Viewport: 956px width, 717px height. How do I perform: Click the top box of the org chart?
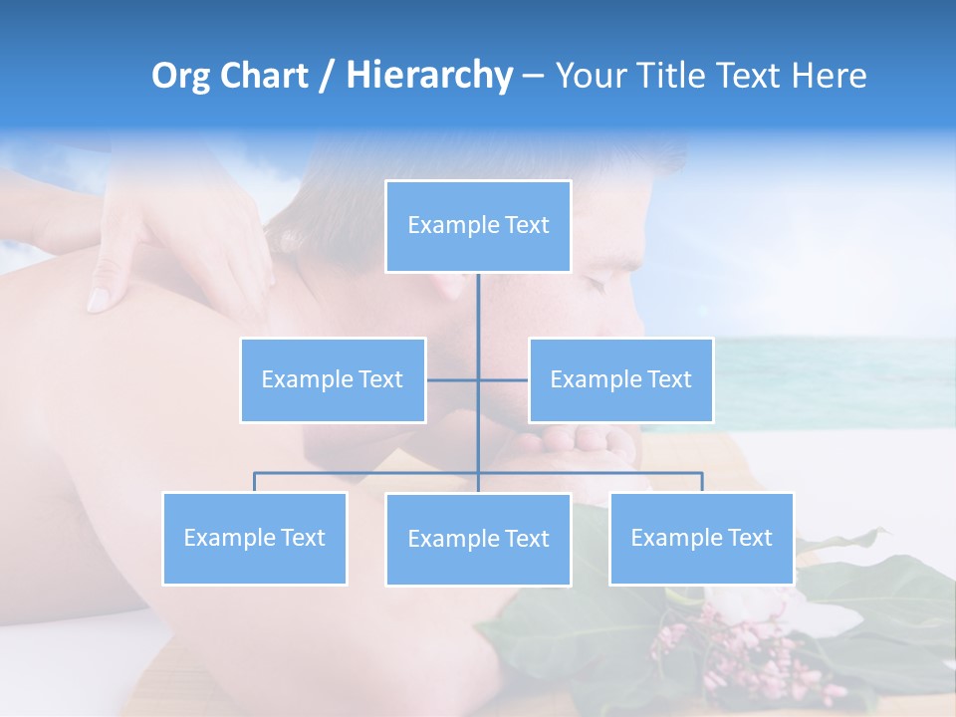[x=478, y=226]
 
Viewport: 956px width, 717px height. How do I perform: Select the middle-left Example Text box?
[x=333, y=379]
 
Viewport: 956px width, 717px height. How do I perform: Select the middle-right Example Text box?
[x=620, y=379]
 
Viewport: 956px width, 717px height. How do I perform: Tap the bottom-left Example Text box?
[x=254, y=538]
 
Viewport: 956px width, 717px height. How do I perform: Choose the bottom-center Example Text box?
[x=478, y=539]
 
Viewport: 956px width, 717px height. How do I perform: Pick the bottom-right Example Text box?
[x=701, y=538]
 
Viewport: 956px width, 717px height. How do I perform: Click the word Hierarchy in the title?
[x=429, y=76]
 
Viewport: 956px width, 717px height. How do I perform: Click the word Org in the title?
[x=182, y=76]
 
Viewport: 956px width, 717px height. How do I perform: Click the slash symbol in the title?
[x=327, y=76]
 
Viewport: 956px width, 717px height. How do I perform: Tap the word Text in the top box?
[x=527, y=225]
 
